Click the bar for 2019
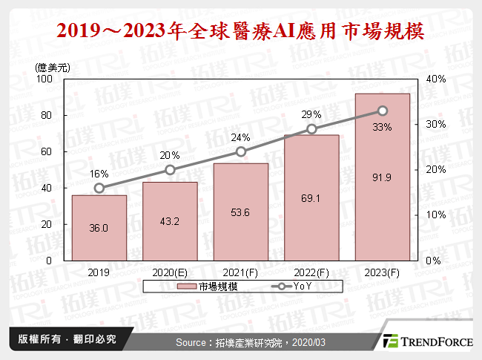click(99, 228)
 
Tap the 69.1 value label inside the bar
click(311, 200)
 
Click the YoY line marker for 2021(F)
click(241, 151)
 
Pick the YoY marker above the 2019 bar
click(99, 188)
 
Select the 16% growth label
click(99, 173)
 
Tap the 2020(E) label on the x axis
click(170, 272)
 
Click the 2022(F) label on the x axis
click(311, 272)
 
